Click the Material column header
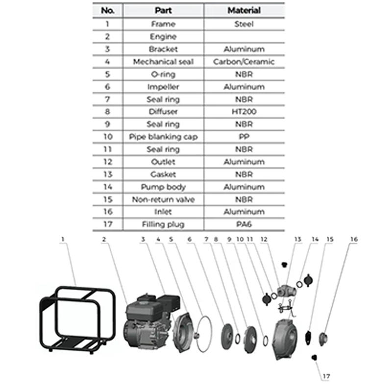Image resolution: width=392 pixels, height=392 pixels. [244, 10]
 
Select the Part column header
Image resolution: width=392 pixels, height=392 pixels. [163, 10]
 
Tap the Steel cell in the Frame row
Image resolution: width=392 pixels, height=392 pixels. [244, 24]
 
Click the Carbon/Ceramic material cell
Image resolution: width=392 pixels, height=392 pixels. [244, 62]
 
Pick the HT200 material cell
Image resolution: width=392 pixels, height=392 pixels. [244, 112]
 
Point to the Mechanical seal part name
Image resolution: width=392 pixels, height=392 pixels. [163, 62]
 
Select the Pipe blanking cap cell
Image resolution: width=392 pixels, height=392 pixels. [163, 137]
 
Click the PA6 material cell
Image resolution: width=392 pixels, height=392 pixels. [244, 224]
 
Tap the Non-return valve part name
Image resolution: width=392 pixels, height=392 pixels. [163, 199]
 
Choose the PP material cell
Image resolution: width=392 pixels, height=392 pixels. [244, 137]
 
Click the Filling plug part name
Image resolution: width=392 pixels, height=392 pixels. [163, 224]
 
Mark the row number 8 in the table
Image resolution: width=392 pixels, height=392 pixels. [107, 112]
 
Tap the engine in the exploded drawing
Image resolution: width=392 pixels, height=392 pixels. [147, 321]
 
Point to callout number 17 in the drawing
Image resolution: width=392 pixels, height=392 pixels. [326, 376]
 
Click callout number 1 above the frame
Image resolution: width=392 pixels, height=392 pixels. [63, 239]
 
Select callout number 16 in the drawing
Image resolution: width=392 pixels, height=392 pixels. [354, 239]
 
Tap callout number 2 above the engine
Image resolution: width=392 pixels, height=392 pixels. [104, 239]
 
